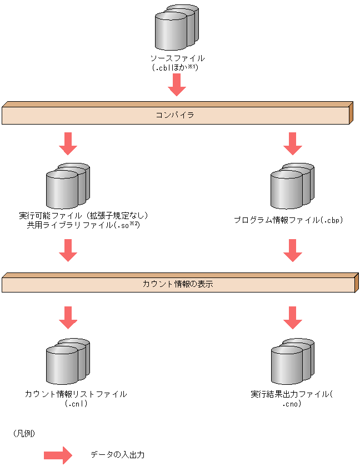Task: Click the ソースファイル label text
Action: point(177,58)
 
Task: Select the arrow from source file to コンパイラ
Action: point(177,85)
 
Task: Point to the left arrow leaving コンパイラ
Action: point(68,143)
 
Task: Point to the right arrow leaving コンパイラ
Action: point(292,143)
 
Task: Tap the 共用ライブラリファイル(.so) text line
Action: point(82,225)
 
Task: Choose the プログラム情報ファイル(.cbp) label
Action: point(288,220)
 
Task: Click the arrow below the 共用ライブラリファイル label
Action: point(68,250)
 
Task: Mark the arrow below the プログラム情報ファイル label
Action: point(292,250)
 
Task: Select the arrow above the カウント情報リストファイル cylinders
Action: point(68,317)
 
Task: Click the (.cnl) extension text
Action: point(76,404)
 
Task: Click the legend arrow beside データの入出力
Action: point(58,455)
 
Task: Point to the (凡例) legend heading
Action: point(23,432)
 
